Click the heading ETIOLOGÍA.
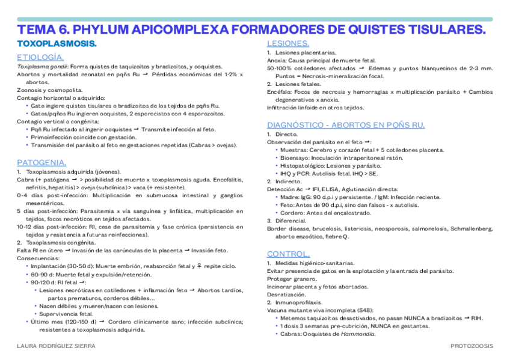pos(40,56)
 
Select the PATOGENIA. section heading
pos(41,162)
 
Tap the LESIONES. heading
pos(288,44)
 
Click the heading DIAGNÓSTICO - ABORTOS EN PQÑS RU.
pos(346,125)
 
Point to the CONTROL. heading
pos(288,254)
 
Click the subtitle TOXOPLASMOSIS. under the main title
pos(57,44)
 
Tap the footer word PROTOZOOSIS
pos(472,346)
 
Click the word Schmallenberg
pos(468,228)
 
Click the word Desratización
pos(287,294)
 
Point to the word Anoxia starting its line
pos(277,61)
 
